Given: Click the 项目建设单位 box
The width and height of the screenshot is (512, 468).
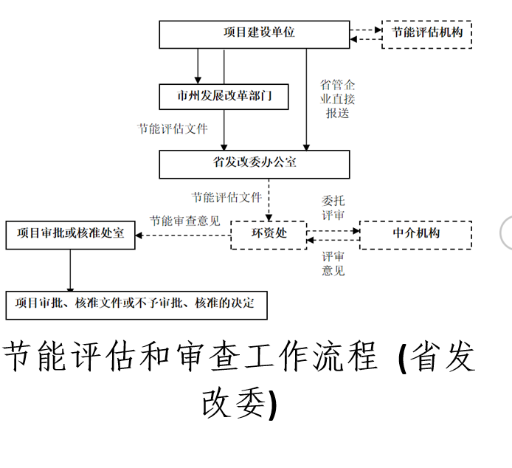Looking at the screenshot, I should [255, 34].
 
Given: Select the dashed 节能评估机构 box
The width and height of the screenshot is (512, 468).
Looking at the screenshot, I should [426, 34].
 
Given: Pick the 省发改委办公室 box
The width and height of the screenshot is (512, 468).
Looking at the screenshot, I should [255, 163].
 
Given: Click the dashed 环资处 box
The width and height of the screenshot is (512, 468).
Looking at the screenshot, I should [269, 234].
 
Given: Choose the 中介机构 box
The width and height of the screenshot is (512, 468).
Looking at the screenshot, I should [415, 234].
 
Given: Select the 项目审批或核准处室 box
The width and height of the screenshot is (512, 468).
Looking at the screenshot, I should [70, 234].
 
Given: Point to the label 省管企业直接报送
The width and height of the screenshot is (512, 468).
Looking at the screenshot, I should [337, 99].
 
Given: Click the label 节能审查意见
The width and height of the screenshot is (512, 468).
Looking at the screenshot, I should [184, 220].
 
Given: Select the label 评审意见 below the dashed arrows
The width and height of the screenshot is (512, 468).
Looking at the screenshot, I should [333, 264].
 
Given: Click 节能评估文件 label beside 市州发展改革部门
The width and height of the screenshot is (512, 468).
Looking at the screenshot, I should [173, 128].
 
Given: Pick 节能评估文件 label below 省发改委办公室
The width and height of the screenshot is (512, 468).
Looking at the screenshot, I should [227, 197].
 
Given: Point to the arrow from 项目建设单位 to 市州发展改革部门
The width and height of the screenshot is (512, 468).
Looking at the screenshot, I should [198, 66].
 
